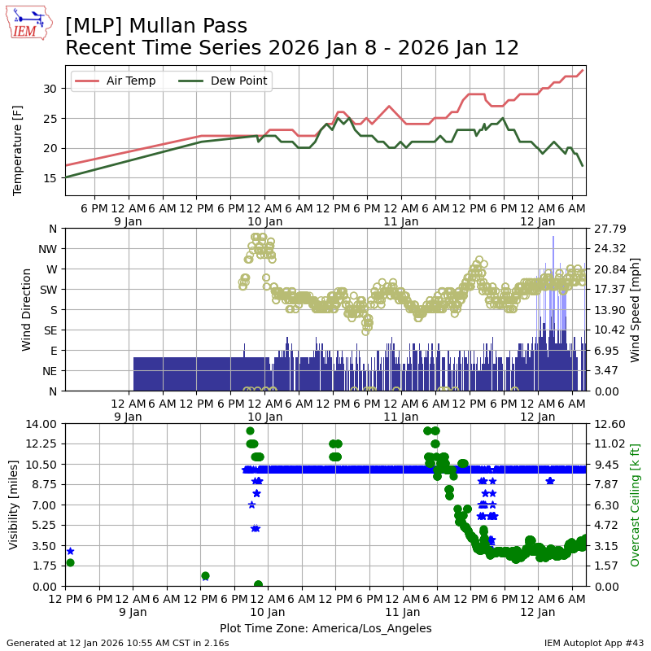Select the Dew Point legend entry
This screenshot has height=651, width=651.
(227, 81)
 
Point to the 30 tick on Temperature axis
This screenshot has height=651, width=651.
(50, 89)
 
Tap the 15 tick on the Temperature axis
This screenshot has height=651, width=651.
(50, 177)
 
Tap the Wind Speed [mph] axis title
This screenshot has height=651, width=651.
(636, 309)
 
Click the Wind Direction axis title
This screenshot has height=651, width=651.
(27, 309)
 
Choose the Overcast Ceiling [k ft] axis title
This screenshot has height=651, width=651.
(636, 505)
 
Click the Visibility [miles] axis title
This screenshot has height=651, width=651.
(14, 505)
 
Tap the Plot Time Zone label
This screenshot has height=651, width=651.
(325, 628)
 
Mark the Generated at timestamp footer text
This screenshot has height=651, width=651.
(118, 643)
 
